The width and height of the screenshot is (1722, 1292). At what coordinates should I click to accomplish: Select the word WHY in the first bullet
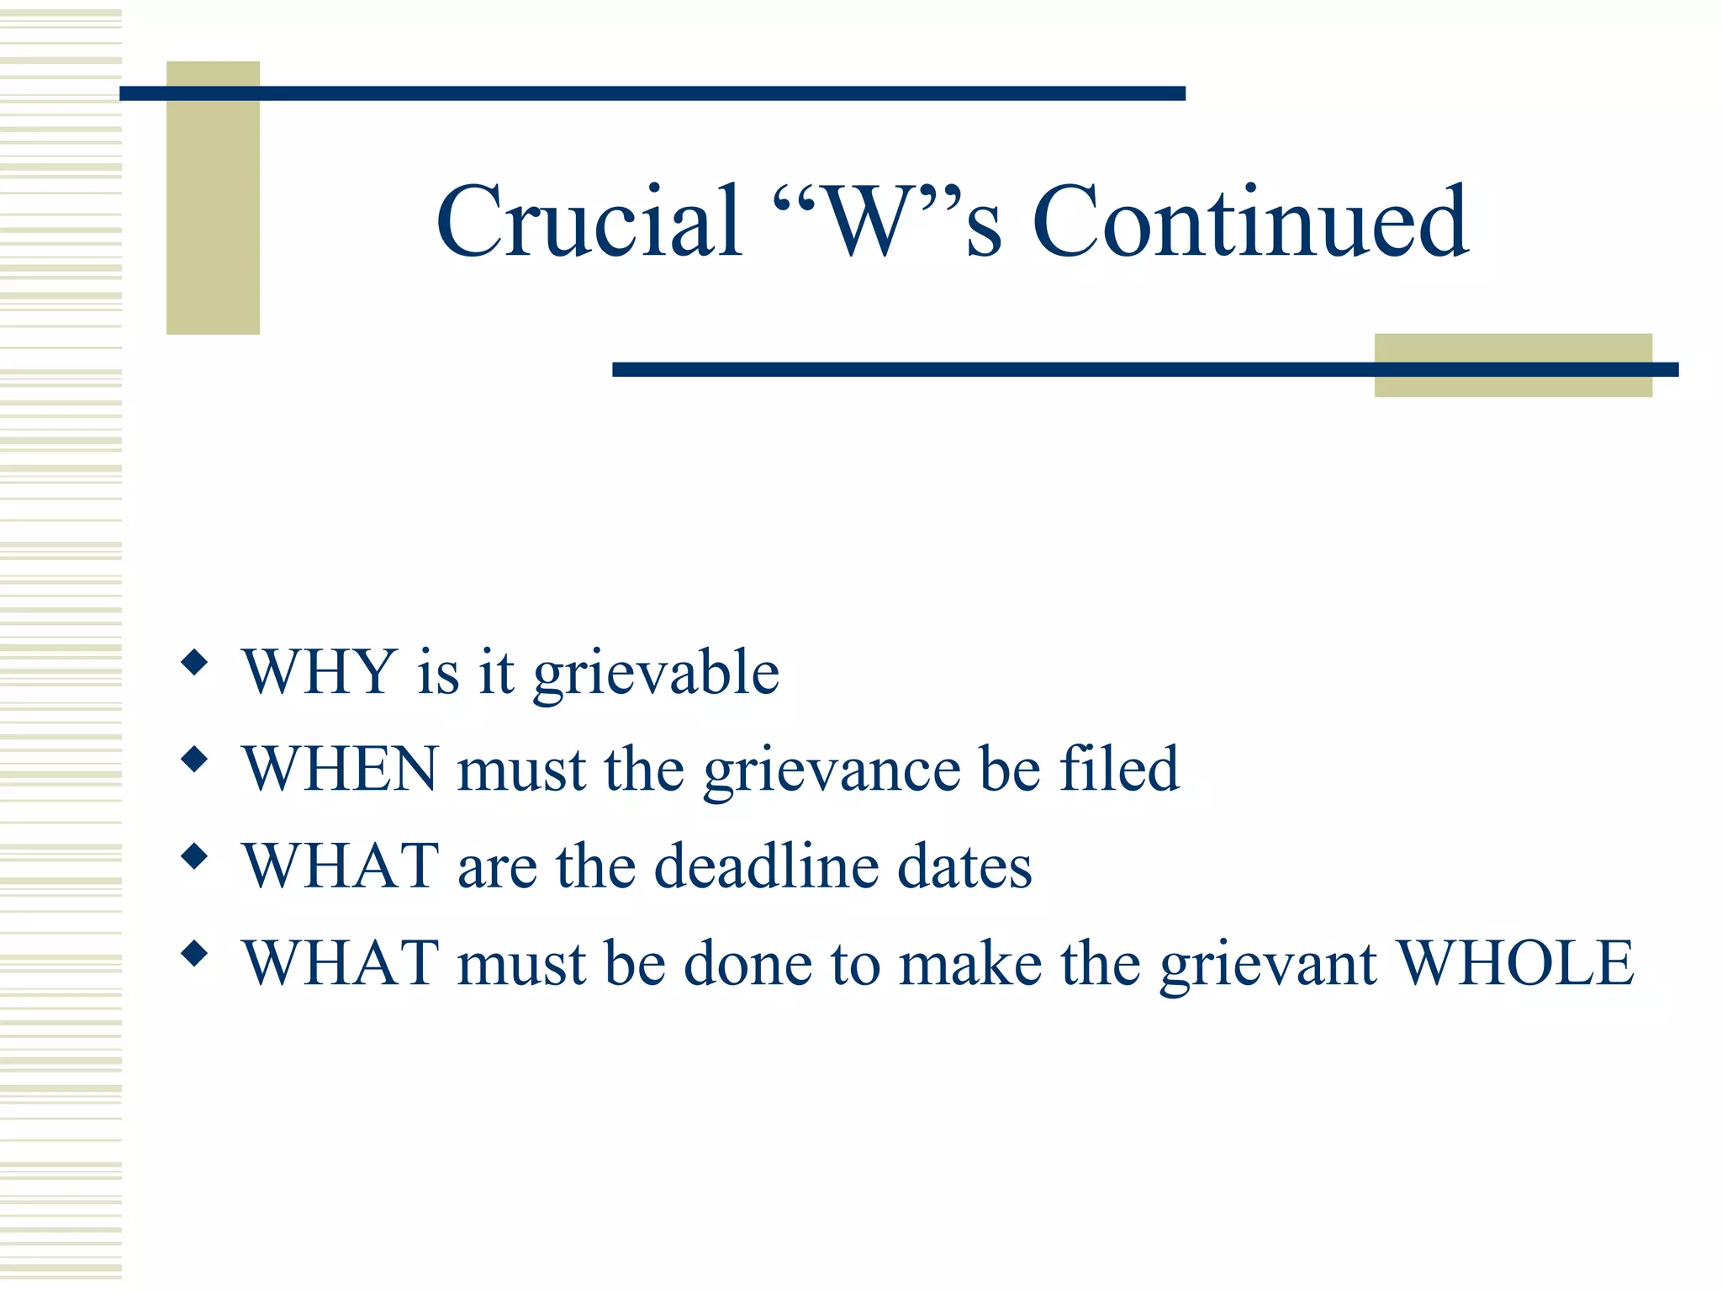[320, 672]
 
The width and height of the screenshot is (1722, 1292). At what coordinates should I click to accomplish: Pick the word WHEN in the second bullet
[340, 769]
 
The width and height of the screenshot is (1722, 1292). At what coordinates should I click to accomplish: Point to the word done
[748, 962]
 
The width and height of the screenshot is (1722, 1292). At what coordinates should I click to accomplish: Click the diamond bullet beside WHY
[194, 662]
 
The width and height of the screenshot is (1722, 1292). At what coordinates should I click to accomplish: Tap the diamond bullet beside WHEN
[194, 760]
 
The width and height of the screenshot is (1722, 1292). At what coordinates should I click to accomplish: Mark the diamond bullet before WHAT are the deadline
[194, 856]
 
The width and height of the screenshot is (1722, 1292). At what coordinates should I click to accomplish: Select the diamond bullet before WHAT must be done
[194, 953]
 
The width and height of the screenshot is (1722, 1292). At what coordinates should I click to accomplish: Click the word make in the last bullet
[970, 962]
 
